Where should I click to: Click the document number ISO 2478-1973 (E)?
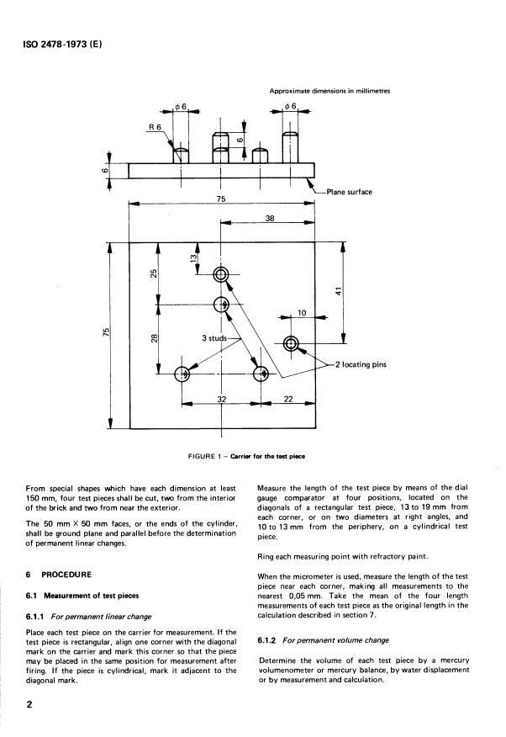click(x=62, y=45)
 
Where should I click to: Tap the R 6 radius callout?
click(x=155, y=127)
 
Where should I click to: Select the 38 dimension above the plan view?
click(x=270, y=218)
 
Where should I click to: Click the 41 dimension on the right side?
click(x=339, y=291)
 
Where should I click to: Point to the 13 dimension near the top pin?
click(x=193, y=258)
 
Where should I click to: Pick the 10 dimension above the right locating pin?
click(x=302, y=313)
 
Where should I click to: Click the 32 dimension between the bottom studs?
click(x=222, y=399)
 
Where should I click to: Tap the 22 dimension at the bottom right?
click(x=288, y=399)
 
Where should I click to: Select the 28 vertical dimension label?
click(x=154, y=337)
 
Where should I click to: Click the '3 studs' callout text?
click(x=214, y=338)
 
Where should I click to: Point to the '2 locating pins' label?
click(x=361, y=364)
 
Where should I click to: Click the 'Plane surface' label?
click(x=349, y=192)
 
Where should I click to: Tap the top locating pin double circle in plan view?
click(x=220, y=274)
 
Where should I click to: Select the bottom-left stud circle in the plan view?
click(x=182, y=374)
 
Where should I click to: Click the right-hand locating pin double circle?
click(x=291, y=343)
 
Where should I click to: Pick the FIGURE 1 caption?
click(x=246, y=456)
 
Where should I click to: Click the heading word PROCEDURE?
click(x=66, y=575)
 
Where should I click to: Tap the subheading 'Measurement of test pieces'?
click(x=92, y=596)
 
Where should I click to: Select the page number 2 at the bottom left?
click(x=29, y=704)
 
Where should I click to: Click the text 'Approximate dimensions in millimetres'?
click(x=329, y=91)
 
